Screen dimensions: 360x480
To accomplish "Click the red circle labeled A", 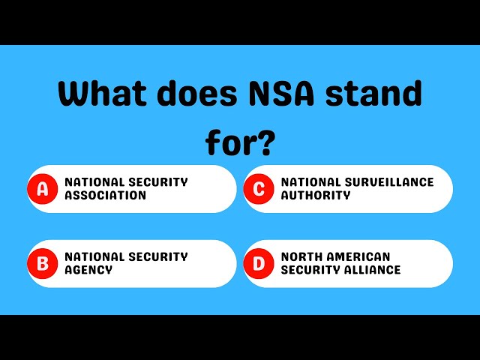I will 43,189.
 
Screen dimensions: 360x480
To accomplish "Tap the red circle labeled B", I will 43,263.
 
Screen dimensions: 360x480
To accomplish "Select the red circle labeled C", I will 259,189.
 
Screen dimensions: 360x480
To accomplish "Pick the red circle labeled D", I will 259,263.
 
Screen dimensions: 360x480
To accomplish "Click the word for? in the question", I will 240,141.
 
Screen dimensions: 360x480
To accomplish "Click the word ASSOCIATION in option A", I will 105,196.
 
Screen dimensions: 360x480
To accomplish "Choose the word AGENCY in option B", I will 88,270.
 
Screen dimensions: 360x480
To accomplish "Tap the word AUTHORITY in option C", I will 316,196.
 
